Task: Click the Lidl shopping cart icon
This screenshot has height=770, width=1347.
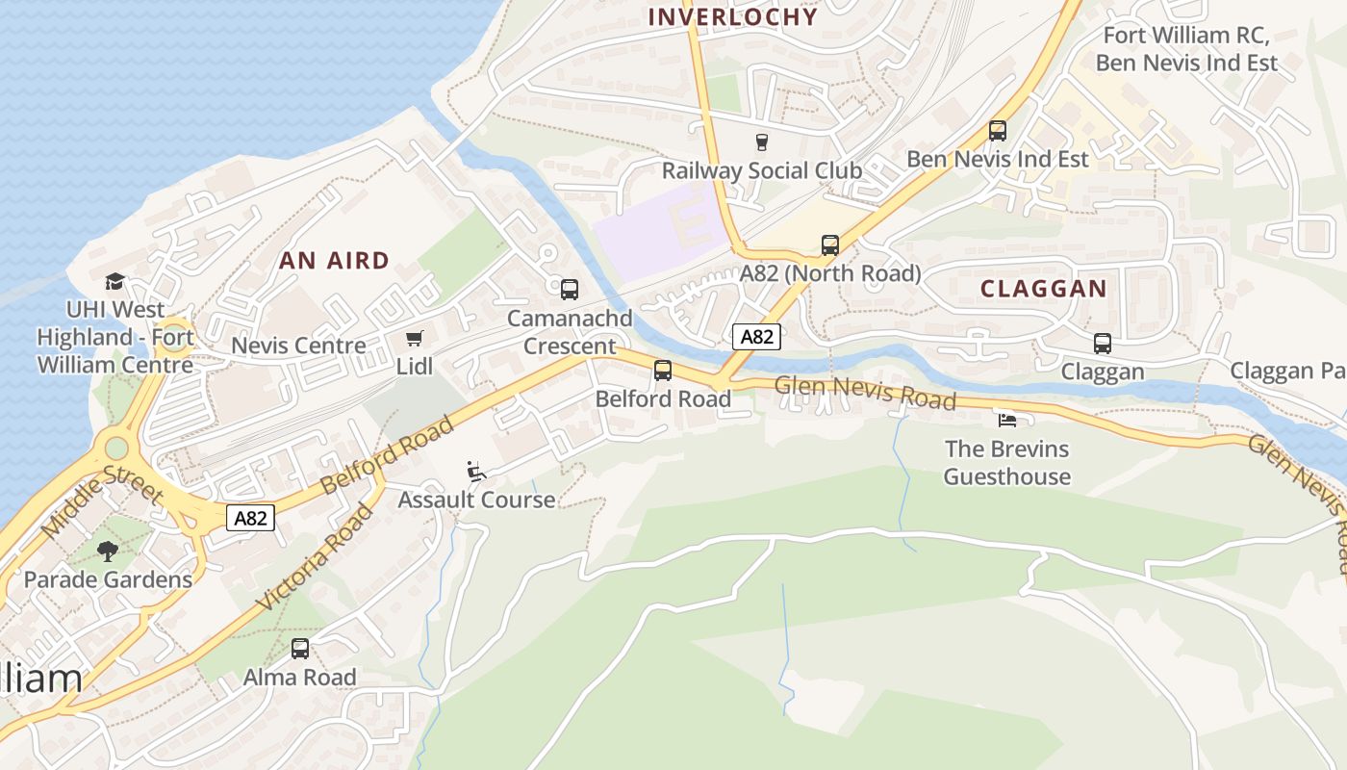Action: (414, 338)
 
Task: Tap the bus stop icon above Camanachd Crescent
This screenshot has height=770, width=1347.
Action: (570, 289)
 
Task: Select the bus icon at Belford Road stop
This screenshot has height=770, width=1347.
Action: (663, 371)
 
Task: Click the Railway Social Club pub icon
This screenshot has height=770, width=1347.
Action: (762, 142)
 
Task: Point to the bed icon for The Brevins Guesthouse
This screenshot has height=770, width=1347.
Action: (1006, 420)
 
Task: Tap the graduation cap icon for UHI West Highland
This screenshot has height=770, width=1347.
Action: (115, 281)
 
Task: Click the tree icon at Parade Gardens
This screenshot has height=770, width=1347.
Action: (108, 552)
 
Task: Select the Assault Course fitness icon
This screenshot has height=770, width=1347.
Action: (476, 471)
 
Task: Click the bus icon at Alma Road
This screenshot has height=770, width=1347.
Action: (300, 649)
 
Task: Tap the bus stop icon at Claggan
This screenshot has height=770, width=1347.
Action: (1103, 344)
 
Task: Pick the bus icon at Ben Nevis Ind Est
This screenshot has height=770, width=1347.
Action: (998, 131)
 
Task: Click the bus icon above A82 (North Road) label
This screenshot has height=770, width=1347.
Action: (830, 245)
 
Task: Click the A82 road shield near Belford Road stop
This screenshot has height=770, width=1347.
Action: (756, 337)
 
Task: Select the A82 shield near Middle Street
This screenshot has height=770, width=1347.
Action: (251, 519)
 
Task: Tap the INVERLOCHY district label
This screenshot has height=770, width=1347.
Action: (733, 16)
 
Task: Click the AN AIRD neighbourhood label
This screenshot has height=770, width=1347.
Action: (335, 260)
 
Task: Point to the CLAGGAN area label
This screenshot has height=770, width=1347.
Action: (1044, 289)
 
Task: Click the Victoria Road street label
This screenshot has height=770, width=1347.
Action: (316, 557)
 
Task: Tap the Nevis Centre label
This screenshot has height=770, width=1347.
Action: (298, 346)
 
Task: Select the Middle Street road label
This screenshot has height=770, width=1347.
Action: (102, 500)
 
